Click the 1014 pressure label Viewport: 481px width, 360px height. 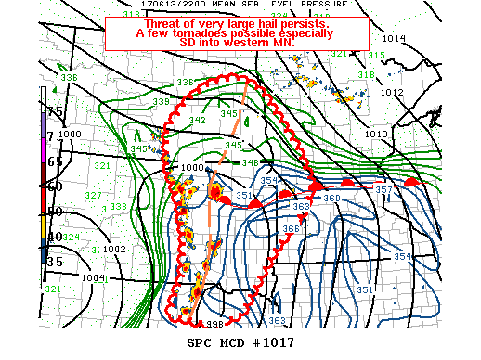click(x=394, y=38)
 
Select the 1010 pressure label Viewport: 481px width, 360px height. click(x=378, y=135)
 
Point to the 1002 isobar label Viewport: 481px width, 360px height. click(x=114, y=249)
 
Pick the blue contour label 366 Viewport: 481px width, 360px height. click(x=291, y=228)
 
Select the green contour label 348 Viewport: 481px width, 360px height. click(x=250, y=163)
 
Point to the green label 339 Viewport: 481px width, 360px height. click(x=162, y=101)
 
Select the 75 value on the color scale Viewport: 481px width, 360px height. click(x=56, y=110)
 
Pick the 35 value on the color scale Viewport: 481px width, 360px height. click(x=56, y=262)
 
